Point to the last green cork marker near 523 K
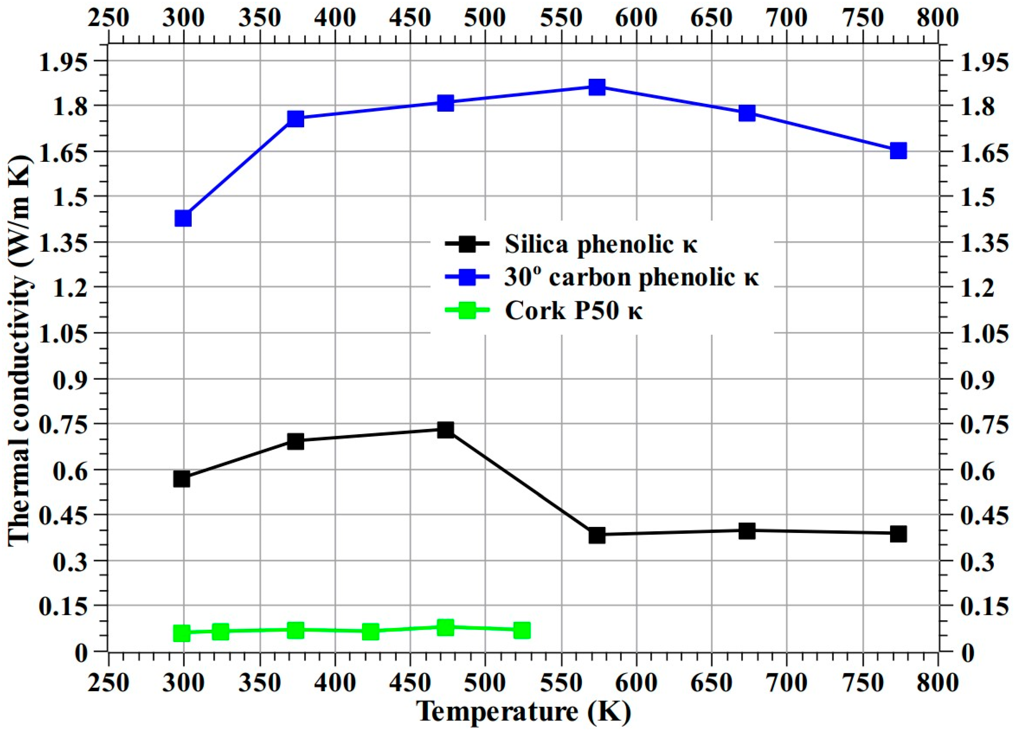coord(522,630)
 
